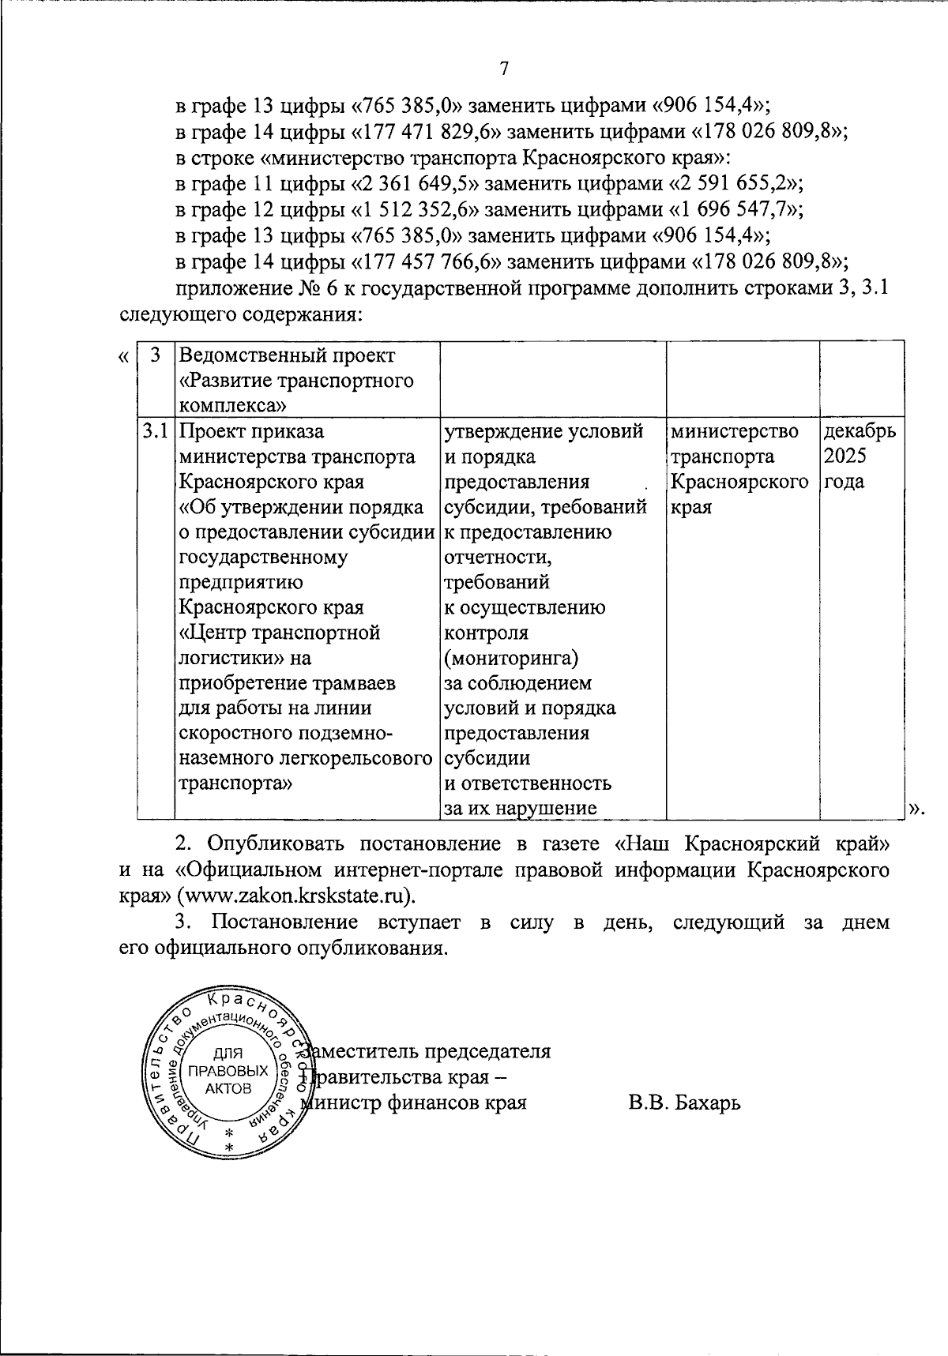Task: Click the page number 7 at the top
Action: pos(504,69)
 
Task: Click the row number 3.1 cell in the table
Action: pos(155,432)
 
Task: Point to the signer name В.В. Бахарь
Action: pos(684,1102)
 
